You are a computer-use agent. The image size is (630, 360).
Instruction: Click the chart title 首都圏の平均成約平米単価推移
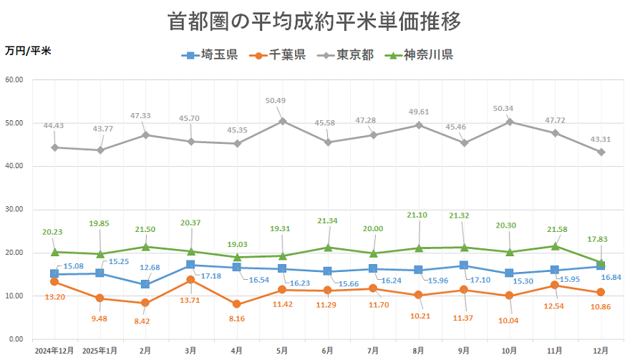(315, 21)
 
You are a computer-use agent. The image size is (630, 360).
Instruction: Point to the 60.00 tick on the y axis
(14, 80)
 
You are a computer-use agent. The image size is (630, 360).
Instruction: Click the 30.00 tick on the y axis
(14, 210)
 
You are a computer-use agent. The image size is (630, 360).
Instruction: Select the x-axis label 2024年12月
(54, 351)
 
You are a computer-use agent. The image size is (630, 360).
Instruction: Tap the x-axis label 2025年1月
(100, 351)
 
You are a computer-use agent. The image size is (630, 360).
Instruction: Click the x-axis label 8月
(419, 351)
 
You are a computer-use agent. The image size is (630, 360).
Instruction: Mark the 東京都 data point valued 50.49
(282, 121)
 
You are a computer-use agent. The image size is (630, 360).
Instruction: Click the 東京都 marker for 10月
(510, 122)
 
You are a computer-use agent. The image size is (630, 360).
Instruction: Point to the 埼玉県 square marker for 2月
(145, 284)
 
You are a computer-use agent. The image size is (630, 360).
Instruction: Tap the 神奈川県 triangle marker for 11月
(556, 246)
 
